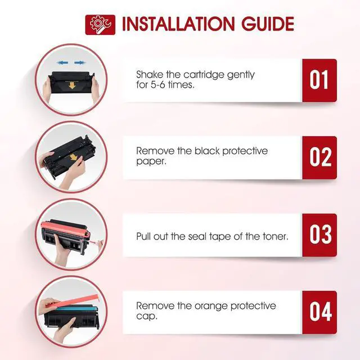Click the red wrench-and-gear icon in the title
100,25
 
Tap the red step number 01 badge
319,80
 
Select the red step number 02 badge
319,157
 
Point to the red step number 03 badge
319,235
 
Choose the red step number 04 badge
319,312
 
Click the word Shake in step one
150,75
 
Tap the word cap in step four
146,317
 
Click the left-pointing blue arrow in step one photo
61,63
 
